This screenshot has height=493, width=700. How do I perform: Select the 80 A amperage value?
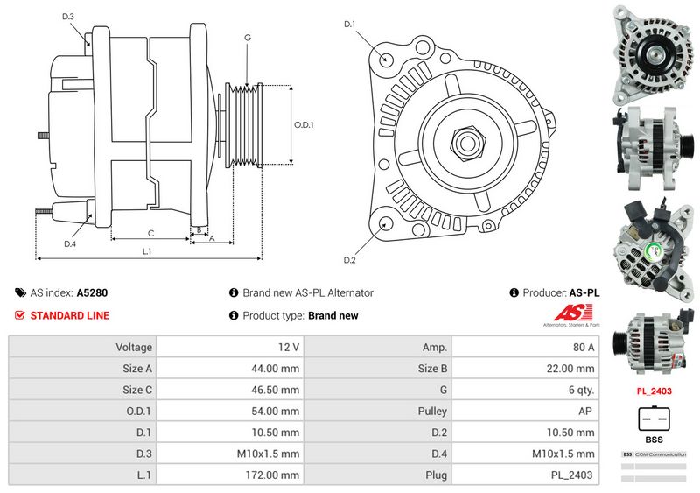click(x=584, y=347)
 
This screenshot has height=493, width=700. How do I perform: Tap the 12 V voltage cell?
click(x=288, y=347)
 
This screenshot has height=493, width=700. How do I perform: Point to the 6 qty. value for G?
click(x=580, y=390)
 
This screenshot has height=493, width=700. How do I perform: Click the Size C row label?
click(x=138, y=390)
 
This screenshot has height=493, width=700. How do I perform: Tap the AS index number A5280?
click(x=93, y=293)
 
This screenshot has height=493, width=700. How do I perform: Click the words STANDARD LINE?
click(x=70, y=315)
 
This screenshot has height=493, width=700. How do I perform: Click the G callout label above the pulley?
click(x=248, y=38)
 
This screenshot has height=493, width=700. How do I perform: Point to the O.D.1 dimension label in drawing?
click(x=304, y=124)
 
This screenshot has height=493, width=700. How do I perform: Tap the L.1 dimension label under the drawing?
click(x=147, y=252)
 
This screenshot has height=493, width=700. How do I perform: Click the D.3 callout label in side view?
click(x=68, y=17)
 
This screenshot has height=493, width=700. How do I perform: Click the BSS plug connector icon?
click(x=654, y=418)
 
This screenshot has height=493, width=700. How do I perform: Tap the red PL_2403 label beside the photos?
click(x=654, y=391)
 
